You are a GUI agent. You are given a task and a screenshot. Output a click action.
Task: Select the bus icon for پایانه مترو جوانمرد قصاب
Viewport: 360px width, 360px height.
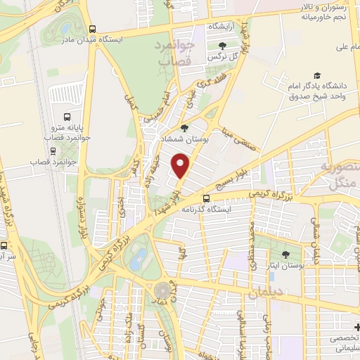67,117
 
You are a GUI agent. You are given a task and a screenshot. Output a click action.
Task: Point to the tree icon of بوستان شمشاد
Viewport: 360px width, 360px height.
184,128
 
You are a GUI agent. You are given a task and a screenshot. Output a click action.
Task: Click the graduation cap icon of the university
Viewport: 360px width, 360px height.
317,75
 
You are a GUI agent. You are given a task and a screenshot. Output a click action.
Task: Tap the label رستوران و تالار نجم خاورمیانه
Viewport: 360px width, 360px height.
330,11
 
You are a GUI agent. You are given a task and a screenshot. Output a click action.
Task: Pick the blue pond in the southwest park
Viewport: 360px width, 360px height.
139,258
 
